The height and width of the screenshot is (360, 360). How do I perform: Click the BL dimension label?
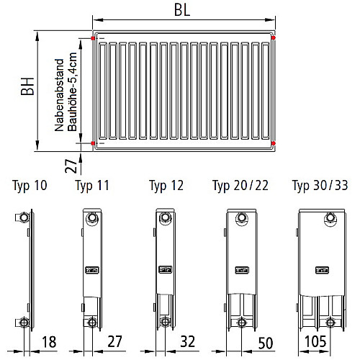coord(182,10)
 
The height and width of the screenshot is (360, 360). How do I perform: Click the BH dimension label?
coord(27,86)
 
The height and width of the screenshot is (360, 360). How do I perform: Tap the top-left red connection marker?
coord(93,38)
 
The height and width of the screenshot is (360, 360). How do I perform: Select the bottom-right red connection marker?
coord(273,143)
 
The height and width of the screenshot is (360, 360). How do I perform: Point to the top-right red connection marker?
coord(273,37)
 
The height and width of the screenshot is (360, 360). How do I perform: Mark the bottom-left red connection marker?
coord(93,143)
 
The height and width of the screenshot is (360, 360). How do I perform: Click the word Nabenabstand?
coord(59,95)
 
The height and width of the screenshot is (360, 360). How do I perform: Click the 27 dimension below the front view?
coord(71,166)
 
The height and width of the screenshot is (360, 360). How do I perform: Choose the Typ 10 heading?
coord(30,186)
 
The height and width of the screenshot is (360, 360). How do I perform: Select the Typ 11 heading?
coord(92,186)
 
